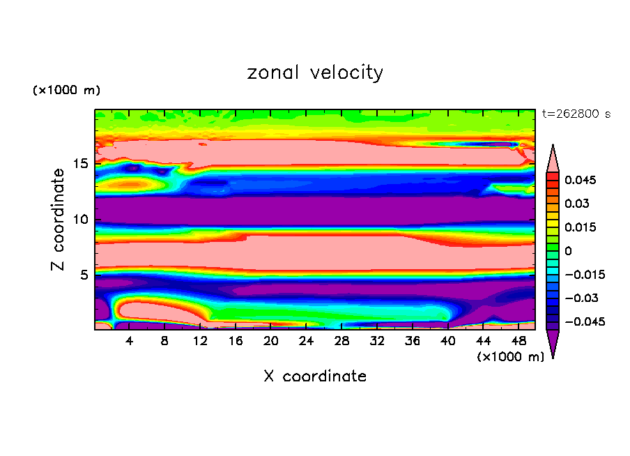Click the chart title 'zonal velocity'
315,73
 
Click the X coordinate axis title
315,377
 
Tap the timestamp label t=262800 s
576,114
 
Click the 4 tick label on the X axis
130,342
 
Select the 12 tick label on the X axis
201,342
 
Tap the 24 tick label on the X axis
307,342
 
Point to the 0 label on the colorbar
569,251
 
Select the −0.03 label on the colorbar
581,298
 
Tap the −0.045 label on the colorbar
584,322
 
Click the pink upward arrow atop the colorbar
553,158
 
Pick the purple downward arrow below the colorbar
553,343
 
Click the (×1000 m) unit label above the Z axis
67,91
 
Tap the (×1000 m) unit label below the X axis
511,357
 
